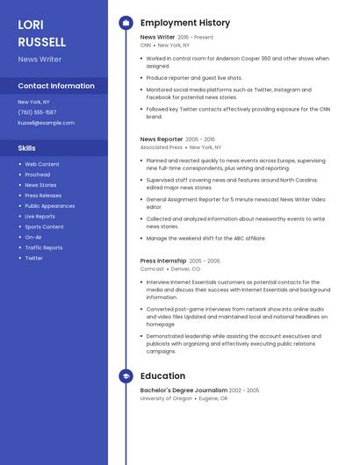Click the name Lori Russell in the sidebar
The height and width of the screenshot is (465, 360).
41,33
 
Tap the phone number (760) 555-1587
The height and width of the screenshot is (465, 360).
37,112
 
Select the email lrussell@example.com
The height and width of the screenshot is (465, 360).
46,123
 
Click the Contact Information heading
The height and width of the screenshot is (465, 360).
56,86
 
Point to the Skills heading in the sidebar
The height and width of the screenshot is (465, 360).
27,148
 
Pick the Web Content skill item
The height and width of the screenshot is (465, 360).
42,164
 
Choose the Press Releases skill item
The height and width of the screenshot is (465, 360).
43,196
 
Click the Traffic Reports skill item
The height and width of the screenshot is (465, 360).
44,247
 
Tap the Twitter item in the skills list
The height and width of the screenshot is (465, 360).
33,258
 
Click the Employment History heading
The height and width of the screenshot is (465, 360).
185,23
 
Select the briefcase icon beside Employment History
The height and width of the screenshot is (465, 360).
126,23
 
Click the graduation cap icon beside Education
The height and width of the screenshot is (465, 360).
126,376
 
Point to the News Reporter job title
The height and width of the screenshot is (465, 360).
162,139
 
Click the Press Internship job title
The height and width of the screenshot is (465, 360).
163,261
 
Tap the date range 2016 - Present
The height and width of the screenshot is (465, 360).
195,38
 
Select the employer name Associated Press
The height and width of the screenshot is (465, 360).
162,147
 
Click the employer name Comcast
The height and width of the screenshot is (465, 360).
152,269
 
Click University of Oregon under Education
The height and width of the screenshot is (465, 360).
166,398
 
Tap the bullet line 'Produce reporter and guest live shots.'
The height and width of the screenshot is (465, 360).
194,77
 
